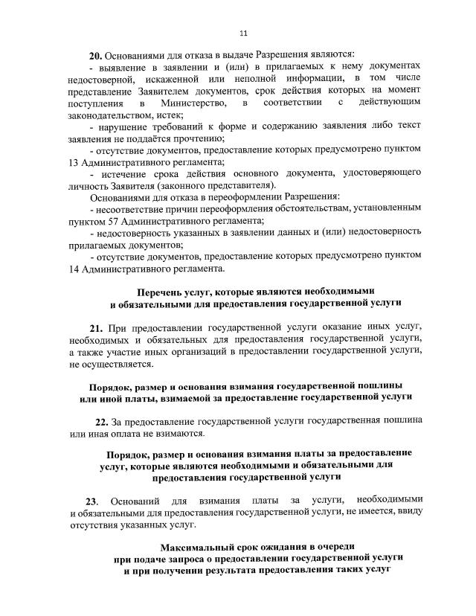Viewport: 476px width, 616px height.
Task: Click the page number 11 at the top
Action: (243, 33)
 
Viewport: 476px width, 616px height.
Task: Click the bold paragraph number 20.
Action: (94, 55)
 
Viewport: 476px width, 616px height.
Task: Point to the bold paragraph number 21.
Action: (95, 328)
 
